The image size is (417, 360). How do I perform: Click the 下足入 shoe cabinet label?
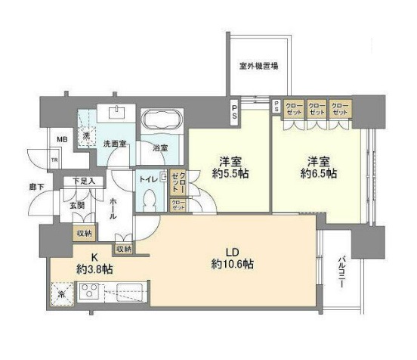pyautogui.click(x=85, y=182)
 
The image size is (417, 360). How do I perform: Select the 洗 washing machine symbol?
pyautogui.click(x=88, y=135)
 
